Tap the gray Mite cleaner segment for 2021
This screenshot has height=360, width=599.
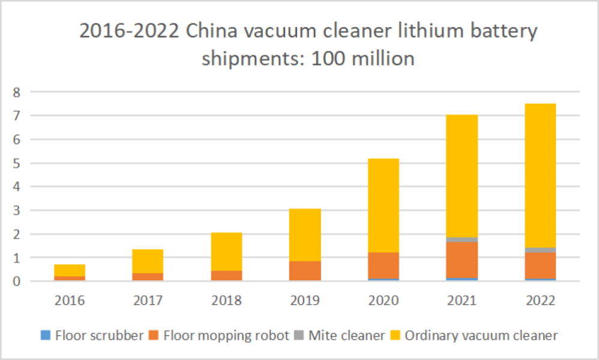coord(461,239)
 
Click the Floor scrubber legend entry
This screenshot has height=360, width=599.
coord(92,335)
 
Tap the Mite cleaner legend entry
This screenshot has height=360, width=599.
coord(340,335)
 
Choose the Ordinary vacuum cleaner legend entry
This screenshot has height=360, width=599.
coord(474,335)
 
